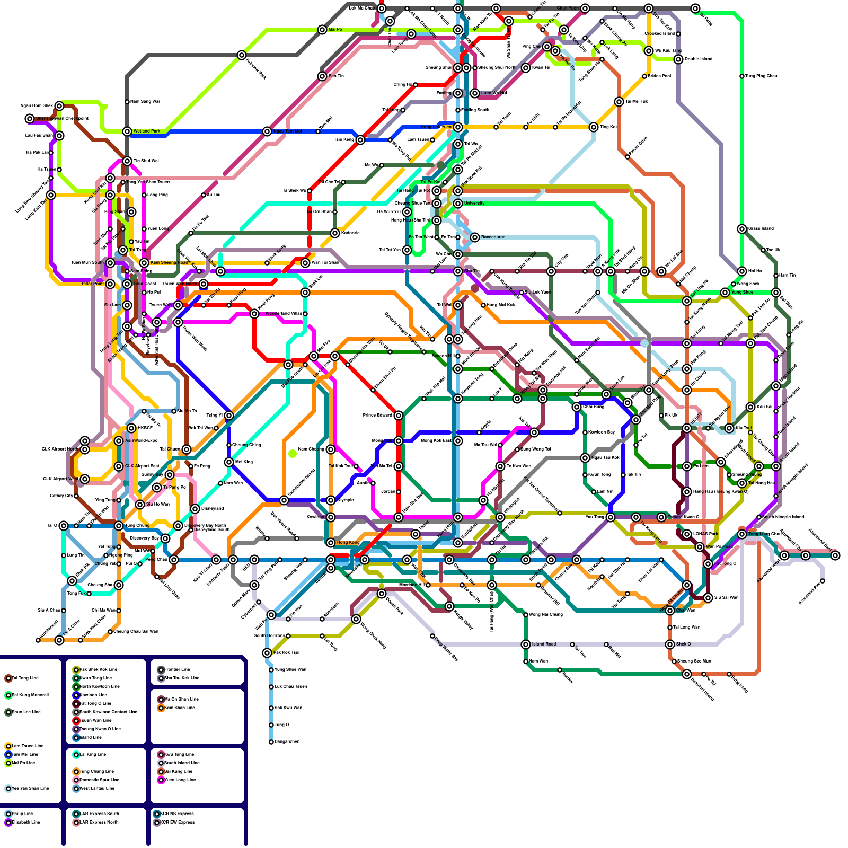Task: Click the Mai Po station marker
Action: tap(322, 30)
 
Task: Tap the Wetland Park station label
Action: tap(147, 131)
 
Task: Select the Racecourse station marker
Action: tap(475, 237)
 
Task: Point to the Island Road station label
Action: tap(544, 644)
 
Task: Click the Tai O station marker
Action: tap(64, 526)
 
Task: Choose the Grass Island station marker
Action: tap(742, 229)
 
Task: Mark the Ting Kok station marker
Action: tap(594, 127)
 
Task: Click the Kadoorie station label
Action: tap(350, 233)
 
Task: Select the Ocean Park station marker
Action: tap(382, 594)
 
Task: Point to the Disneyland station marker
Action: tap(195, 509)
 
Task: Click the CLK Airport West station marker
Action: tap(85, 479)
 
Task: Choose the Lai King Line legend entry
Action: tap(92, 754)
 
